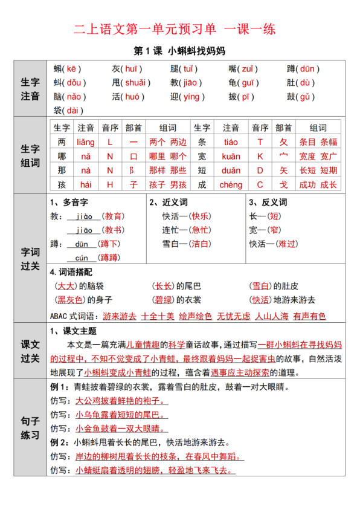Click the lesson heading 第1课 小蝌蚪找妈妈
(x=179, y=51)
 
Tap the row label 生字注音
(x=30, y=89)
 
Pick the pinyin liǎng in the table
(x=86, y=142)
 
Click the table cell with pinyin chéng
(x=231, y=184)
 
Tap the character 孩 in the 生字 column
(x=62, y=184)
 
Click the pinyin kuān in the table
(x=231, y=157)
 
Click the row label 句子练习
(x=30, y=427)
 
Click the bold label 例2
(x=59, y=443)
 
